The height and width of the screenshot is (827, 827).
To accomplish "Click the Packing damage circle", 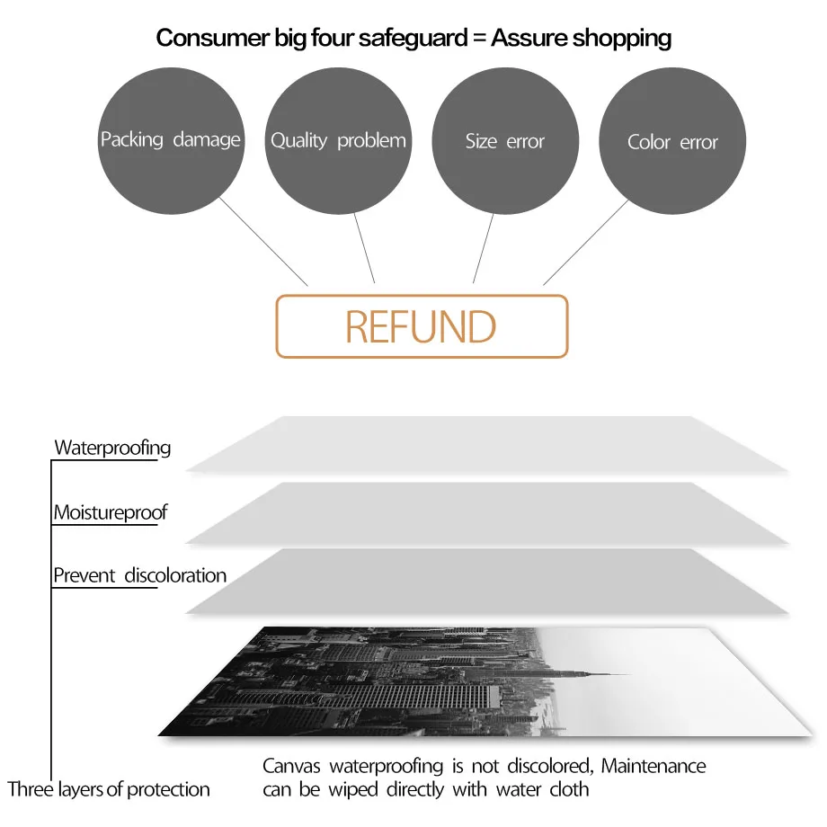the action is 171,141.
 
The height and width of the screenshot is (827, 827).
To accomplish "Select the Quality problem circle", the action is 338,141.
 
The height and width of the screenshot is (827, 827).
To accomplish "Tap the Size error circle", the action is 505,141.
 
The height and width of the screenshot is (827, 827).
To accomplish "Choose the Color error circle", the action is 672,141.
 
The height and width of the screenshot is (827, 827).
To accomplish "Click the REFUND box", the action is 422,326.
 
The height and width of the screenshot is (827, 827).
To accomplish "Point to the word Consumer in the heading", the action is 212,38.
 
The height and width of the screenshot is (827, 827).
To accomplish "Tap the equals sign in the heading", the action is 479,38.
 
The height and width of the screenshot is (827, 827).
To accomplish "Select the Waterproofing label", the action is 112,449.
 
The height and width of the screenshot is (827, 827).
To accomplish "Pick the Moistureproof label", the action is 111,512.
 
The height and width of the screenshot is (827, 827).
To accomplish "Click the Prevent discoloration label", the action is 139,575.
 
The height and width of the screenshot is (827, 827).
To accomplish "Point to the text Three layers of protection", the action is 109,789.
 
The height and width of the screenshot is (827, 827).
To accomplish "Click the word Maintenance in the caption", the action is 653,766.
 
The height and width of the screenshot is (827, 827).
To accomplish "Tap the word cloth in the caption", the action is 569,789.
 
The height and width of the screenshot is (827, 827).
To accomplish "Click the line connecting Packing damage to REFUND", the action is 263,242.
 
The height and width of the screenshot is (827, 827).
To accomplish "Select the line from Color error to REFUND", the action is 586,243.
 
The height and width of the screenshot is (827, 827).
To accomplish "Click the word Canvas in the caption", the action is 291,767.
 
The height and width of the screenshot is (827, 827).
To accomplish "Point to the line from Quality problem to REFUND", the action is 364,248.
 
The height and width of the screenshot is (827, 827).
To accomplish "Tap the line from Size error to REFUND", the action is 483,248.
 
